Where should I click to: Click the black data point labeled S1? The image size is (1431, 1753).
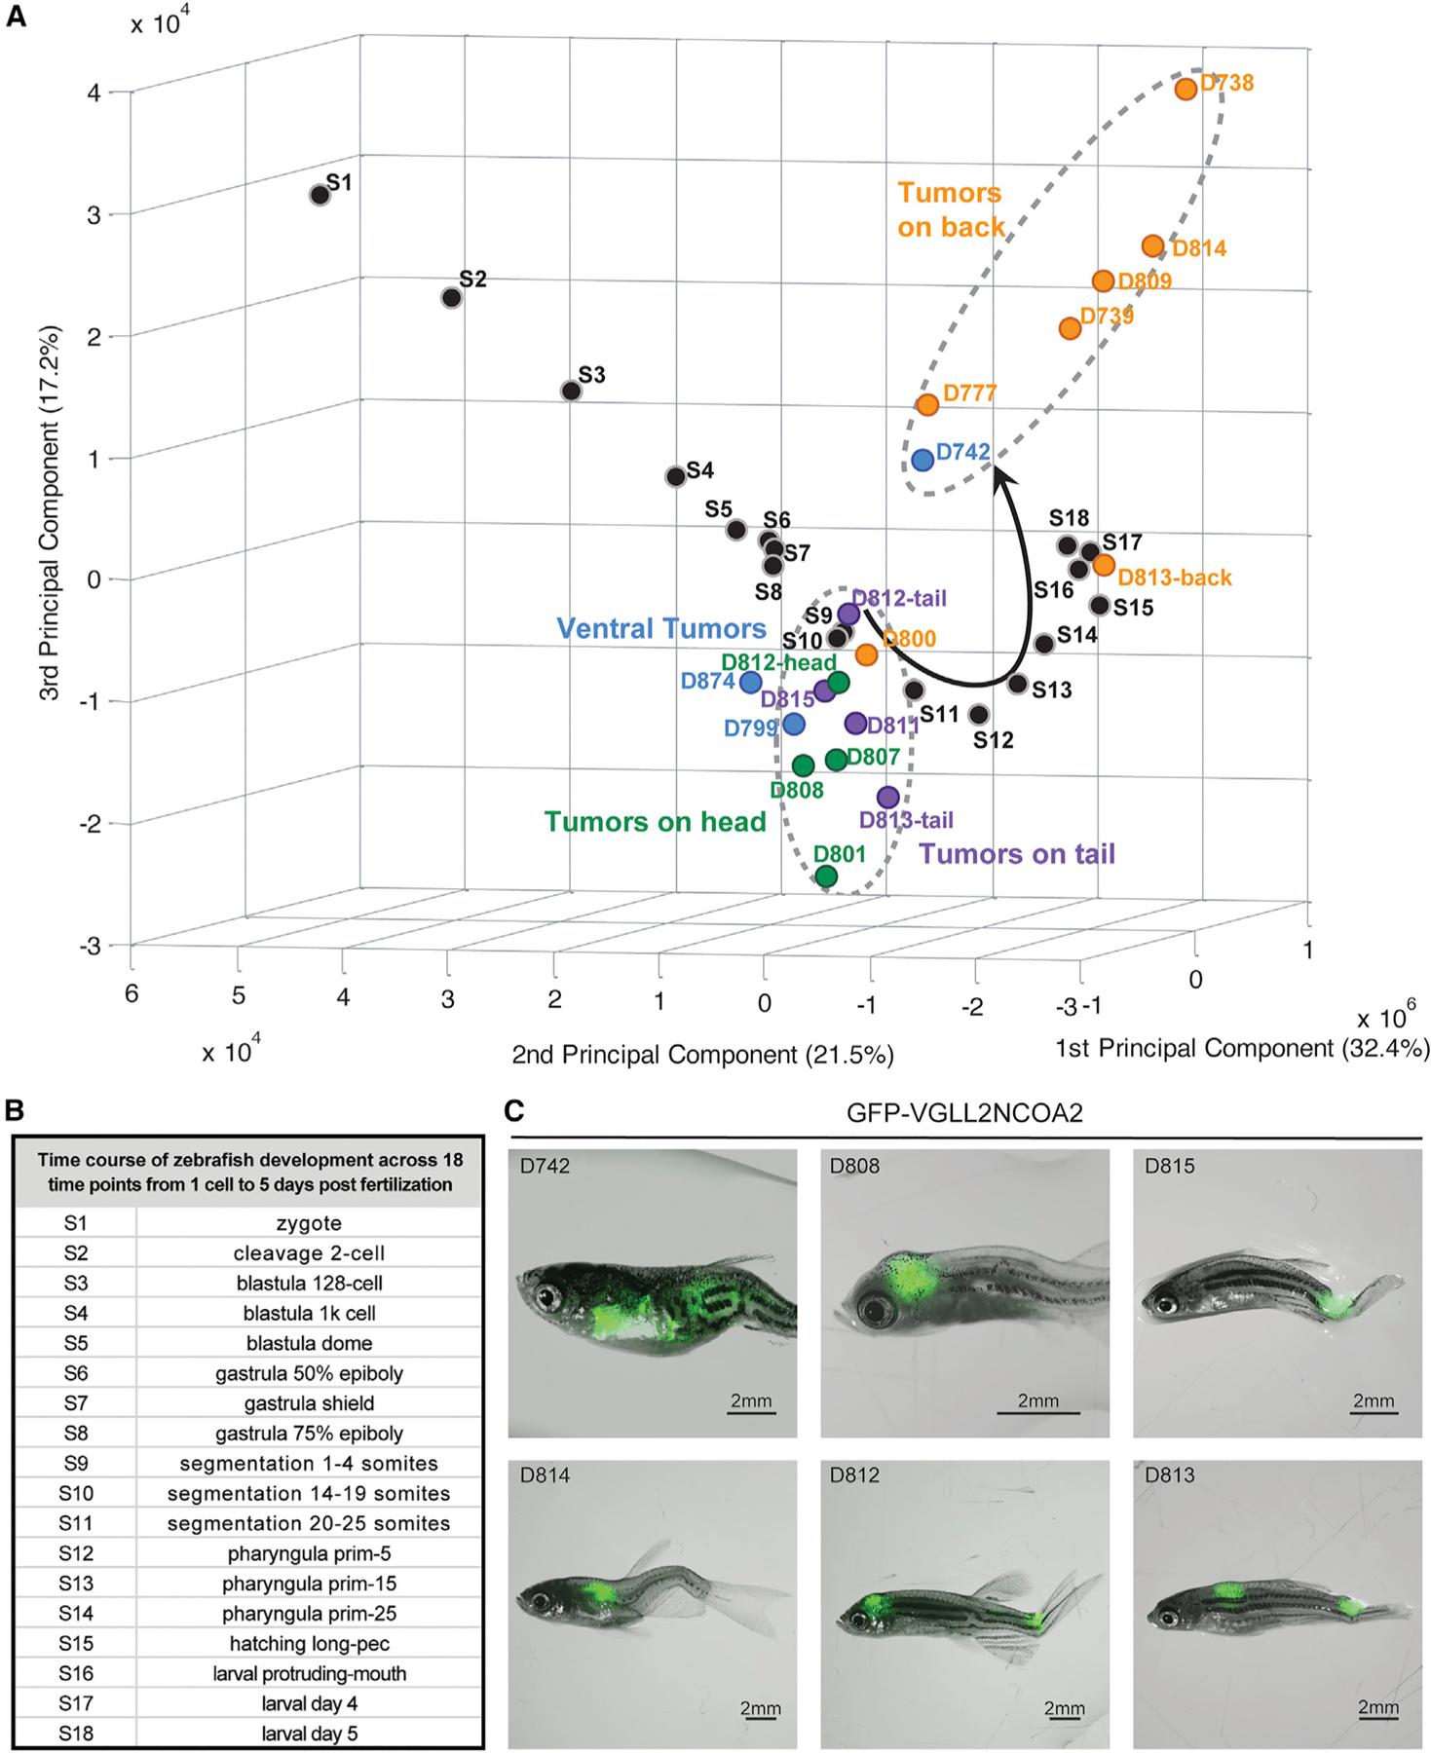[x=319, y=195]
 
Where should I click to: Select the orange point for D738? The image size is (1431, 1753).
[x=1186, y=89]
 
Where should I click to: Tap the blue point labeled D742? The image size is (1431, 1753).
[x=923, y=459]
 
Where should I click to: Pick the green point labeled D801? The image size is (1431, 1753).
[x=826, y=876]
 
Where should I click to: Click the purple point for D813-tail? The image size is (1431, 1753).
[x=887, y=797]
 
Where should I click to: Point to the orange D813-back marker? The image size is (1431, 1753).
[x=1104, y=564]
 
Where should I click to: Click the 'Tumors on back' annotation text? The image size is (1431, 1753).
[x=950, y=209]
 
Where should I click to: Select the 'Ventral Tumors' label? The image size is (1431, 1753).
[x=661, y=628]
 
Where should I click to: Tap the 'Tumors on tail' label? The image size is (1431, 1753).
[x=1017, y=854]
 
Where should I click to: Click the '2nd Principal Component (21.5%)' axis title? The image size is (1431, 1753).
[x=702, y=1054]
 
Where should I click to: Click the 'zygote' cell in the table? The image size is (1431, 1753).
[x=309, y=1223]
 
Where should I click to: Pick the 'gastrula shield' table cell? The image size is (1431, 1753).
[x=309, y=1403]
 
